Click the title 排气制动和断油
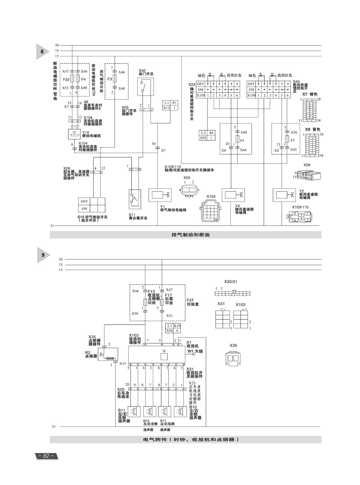click(x=185, y=235)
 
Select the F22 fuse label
click(x=66, y=79)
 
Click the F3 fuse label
click(x=109, y=79)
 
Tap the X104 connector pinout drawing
click(x=210, y=210)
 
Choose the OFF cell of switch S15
click(x=84, y=201)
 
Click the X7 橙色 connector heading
click(x=310, y=94)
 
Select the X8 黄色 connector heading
click(x=313, y=130)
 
